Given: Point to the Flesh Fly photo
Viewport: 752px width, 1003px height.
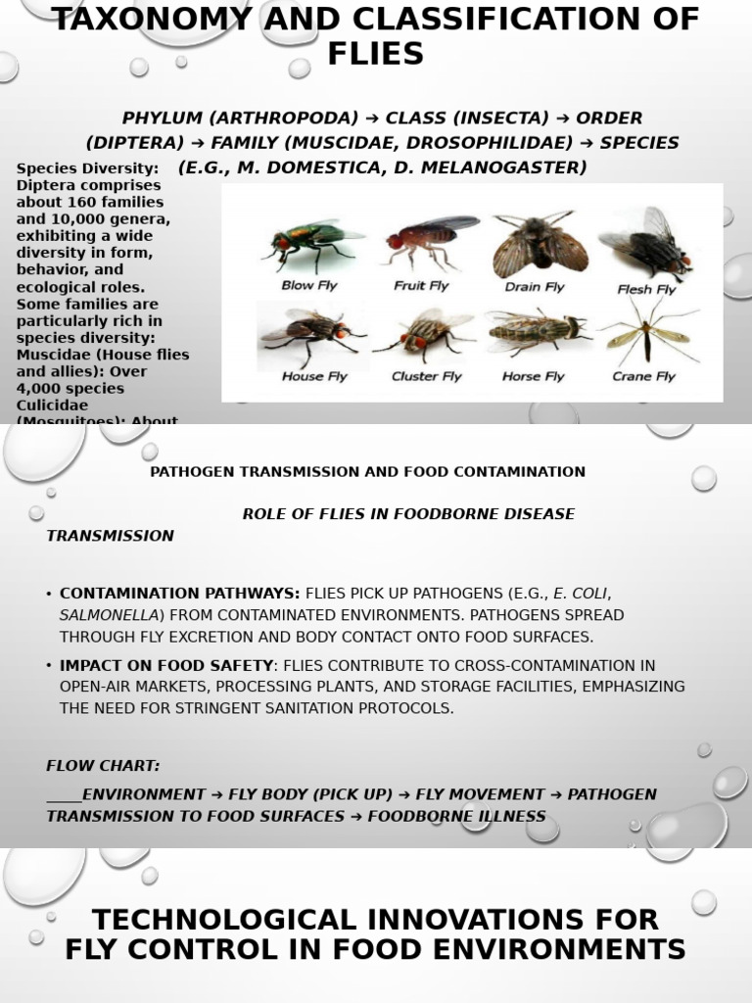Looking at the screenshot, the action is [648, 243].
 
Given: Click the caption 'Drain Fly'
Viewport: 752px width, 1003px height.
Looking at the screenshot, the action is [535, 287].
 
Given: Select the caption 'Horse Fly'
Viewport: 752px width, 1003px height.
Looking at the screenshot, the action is [533, 376].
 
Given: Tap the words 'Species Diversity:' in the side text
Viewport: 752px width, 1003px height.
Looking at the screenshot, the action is [86, 169].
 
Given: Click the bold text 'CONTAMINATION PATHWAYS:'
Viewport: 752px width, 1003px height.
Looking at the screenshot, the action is [180, 593].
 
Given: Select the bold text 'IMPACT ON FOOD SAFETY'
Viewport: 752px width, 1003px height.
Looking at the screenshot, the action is [166, 665].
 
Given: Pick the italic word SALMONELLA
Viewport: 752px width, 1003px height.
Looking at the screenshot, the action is [109, 615].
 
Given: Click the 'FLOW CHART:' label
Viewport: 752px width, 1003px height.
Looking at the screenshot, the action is [103, 765].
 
